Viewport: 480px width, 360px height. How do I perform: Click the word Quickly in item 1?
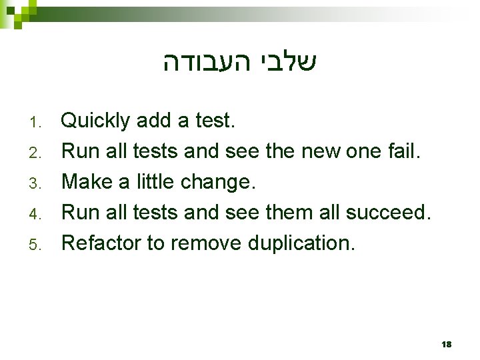tap(95, 121)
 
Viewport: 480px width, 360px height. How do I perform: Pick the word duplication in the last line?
tap(301, 243)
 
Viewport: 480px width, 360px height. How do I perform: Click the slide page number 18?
tap(446, 344)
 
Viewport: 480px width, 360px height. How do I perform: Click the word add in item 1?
tap(153, 121)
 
